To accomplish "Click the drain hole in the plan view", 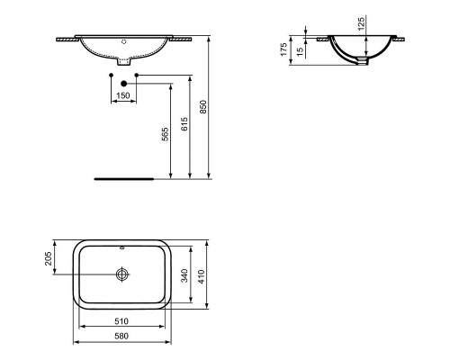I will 122,273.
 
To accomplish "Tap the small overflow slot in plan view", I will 122,245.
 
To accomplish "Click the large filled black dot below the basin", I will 122,81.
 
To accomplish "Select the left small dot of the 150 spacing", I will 111,74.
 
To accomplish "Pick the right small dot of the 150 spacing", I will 135,74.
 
